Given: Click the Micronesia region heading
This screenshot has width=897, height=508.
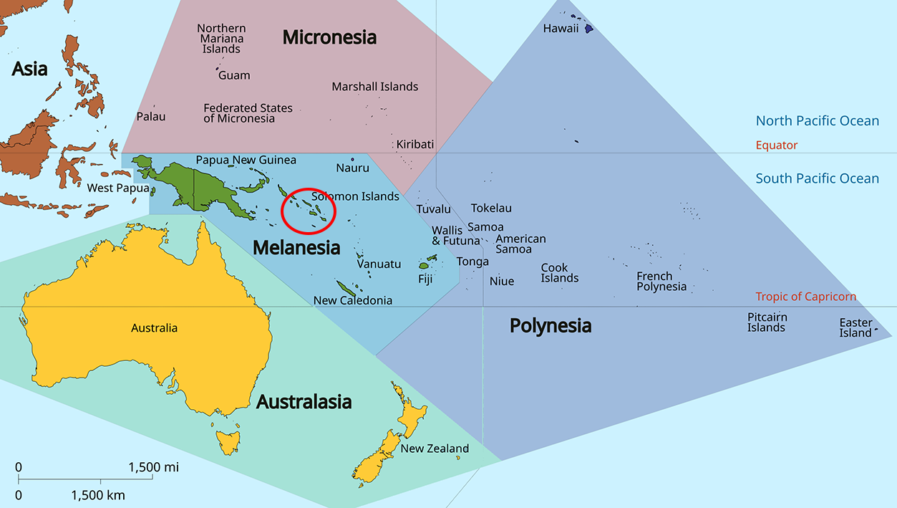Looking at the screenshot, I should (x=329, y=37).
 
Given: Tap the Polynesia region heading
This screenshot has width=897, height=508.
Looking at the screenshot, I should (x=550, y=326).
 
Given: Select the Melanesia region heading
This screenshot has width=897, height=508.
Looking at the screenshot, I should (x=296, y=248).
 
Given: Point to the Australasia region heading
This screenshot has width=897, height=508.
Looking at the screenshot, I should (x=304, y=402).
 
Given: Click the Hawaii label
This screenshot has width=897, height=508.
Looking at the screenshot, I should (x=561, y=29).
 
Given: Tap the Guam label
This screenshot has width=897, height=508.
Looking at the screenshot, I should (x=234, y=75).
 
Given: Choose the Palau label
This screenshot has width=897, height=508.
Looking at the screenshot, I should (x=150, y=116).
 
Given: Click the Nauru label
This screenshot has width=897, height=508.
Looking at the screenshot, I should (x=352, y=168).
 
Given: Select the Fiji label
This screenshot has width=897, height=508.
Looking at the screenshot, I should (x=425, y=279).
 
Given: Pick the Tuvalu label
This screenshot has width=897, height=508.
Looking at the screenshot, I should (x=434, y=209).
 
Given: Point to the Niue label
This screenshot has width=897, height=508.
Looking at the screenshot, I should (x=501, y=281).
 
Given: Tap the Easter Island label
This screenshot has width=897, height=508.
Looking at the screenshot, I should (x=855, y=327).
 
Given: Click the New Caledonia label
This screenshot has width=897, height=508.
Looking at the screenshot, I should (x=353, y=300).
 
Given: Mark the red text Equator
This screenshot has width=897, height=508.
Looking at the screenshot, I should (x=776, y=145).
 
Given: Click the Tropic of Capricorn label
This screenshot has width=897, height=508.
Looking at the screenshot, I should (x=805, y=297).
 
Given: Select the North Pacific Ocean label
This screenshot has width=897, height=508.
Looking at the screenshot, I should (x=817, y=121).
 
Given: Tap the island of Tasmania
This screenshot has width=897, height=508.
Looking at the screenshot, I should (x=228, y=441).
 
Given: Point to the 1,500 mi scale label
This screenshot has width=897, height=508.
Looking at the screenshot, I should (x=153, y=468).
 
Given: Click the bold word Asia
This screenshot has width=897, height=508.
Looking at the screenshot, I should (x=29, y=69).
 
